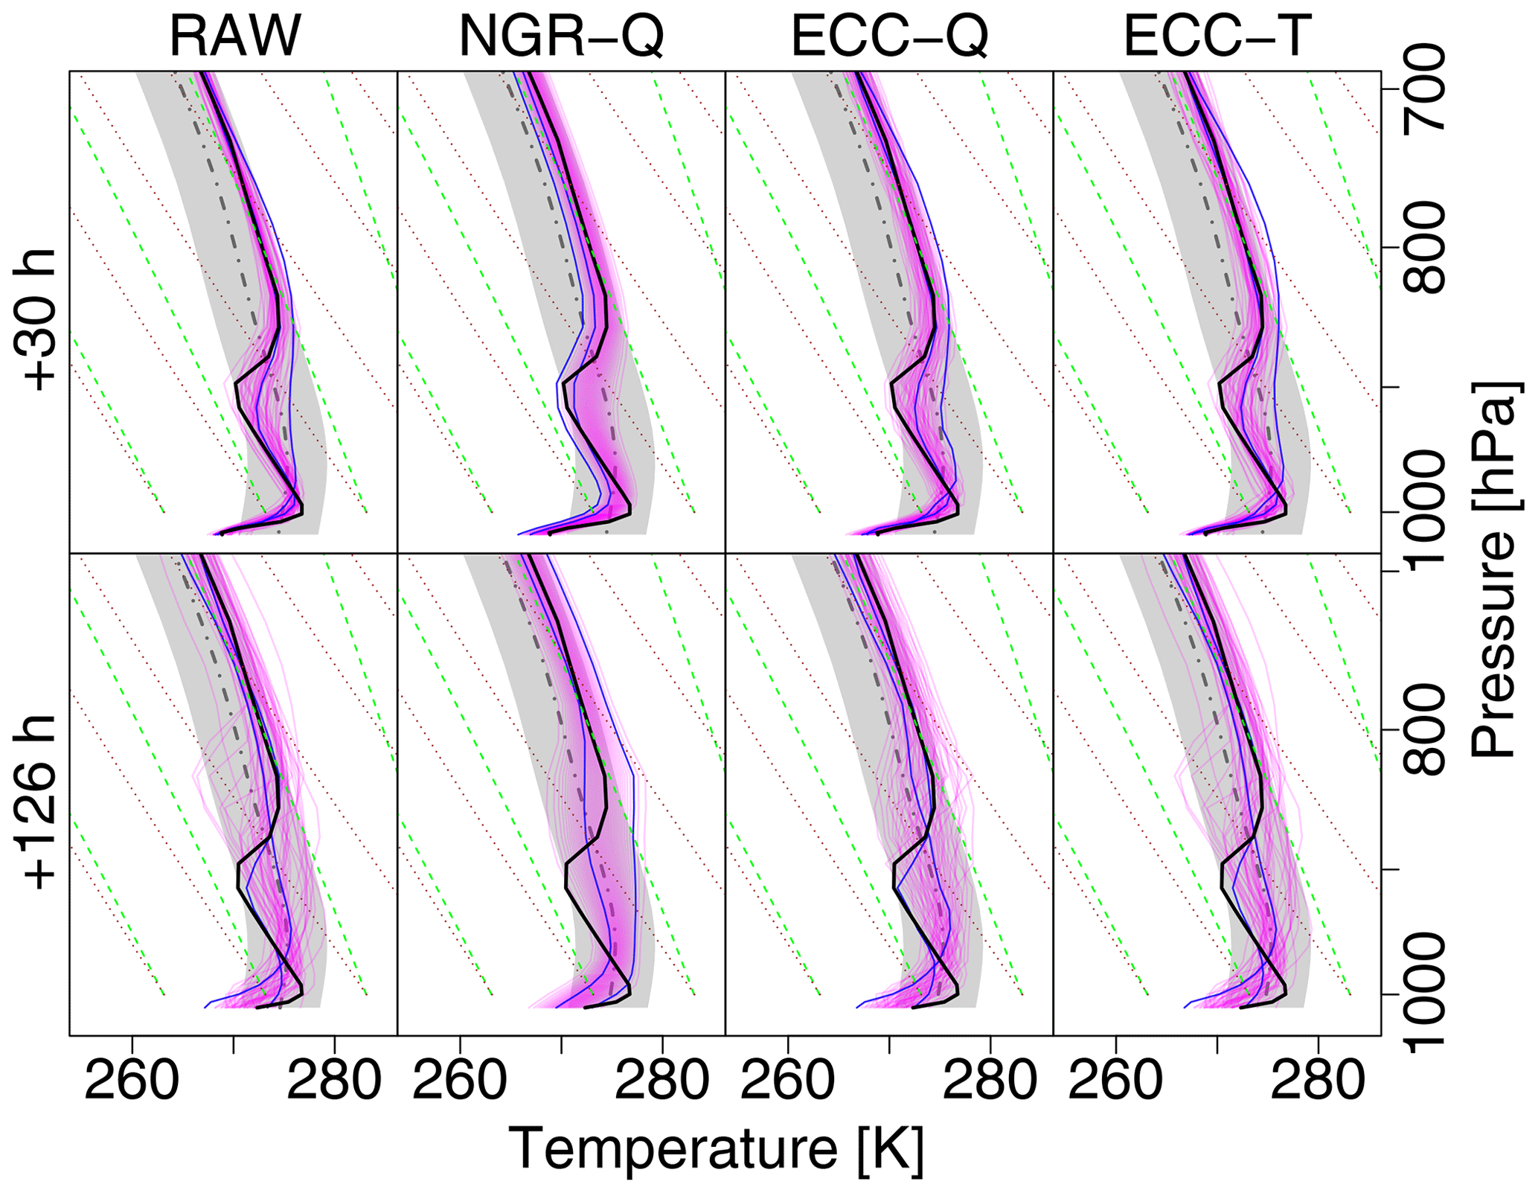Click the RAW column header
[x=234, y=36]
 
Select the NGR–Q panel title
[x=561, y=36]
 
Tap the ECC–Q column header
[x=889, y=36]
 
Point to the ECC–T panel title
[x=1217, y=36]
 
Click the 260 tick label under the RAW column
[x=132, y=1081]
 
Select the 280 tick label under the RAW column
[x=334, y=1081]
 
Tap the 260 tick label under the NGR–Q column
[x=460, y=1081]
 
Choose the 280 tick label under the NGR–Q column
[x=662, y=1081]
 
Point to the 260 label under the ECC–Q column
[x=788, y=1081]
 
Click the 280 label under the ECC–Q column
[x=990, y=1081]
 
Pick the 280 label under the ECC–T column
[x=1318, y=1081]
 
